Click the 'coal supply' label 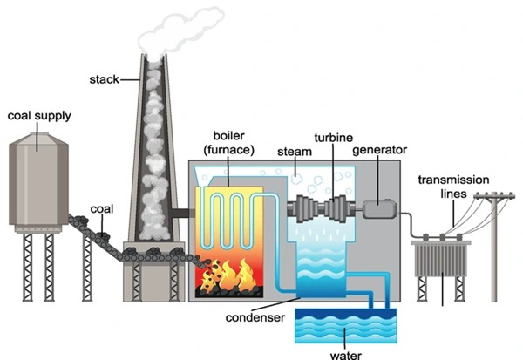(39, 116)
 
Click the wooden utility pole (496, 253)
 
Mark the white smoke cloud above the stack (179, 26)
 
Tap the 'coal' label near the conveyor (102, 210)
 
